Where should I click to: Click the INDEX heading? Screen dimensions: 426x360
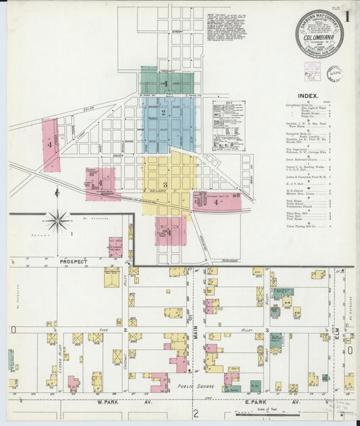point(308,96)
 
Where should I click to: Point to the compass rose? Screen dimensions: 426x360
point(58,220)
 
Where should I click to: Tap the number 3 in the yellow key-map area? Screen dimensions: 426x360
point(164,184)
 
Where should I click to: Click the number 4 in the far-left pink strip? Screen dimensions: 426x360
point(49,144)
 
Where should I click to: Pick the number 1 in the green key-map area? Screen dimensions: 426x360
point(165,83)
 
